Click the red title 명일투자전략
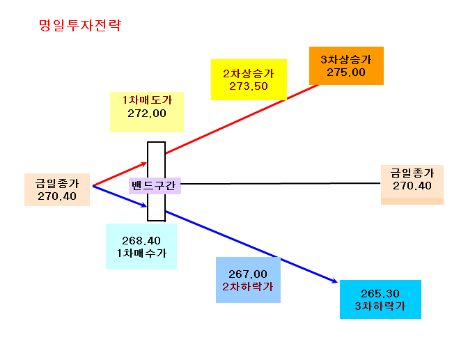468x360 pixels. click(80, 25)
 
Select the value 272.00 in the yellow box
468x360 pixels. click(147, 114)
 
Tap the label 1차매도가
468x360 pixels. click(147, 100)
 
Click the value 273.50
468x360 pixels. click(249, 86)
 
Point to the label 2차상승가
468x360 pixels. click(249, 73)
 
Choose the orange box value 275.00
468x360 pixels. click(346, 72)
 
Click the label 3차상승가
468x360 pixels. click(346, 60)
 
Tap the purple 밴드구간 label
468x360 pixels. click(153, 186)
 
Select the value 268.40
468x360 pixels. click(141, 241)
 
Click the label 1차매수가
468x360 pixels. click(141, 253)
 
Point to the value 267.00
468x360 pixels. click(248, 274)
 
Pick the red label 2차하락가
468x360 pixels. click(248, 287)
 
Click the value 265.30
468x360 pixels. click(380, 294)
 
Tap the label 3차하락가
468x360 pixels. click(380, 306)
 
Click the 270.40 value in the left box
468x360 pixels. click(57, 196)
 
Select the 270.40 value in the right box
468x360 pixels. click(412, 186)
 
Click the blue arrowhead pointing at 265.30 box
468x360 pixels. click(334, 281)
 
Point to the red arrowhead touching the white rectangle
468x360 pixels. click(143, 164)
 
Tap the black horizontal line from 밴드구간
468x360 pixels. click(281, 184)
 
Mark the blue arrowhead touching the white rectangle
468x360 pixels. click(143, 205)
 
